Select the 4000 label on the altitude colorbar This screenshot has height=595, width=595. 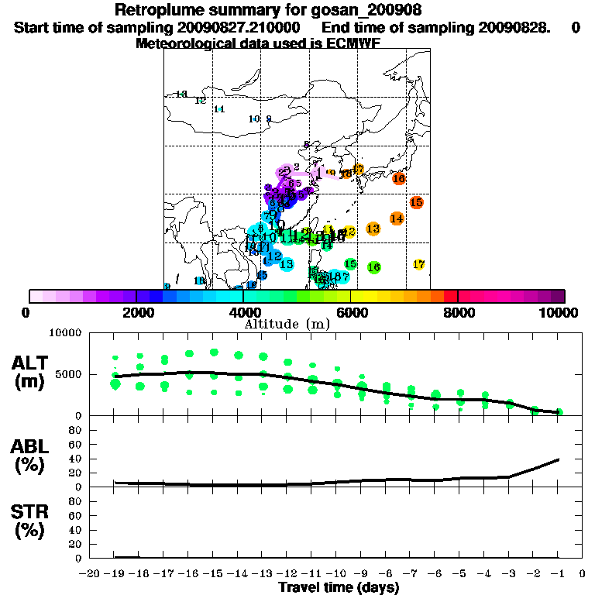click(x=243, y=312)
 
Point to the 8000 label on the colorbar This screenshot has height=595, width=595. click(x=459, y=312)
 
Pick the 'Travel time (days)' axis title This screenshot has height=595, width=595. click(x=339, y=588)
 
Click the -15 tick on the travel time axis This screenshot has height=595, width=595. click(x=213, y=574)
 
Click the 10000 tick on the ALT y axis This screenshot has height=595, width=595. click(x=65, y=333)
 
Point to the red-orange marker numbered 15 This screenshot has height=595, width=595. click(x=416, y=202)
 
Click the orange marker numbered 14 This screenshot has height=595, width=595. click(x=397, y=218)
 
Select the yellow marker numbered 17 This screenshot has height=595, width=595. click(x=419, y=264)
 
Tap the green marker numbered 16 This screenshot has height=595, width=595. click(x=373, y=267)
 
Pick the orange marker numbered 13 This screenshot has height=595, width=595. click(x=373, y=229)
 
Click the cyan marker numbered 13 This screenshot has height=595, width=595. click(x=286, y=264)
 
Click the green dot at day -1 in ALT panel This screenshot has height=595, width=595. click(x=559, y=412)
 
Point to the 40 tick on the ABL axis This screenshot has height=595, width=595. click(x=77, y=459)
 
